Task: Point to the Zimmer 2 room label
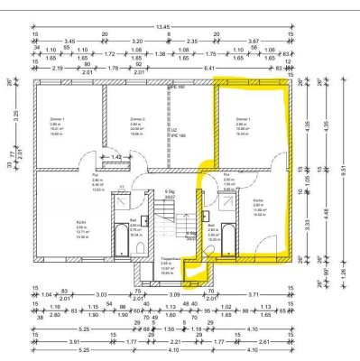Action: pos(138,118)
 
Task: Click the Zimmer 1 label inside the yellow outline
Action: pos(242,118)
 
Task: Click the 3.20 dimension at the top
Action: pos(138,42)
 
